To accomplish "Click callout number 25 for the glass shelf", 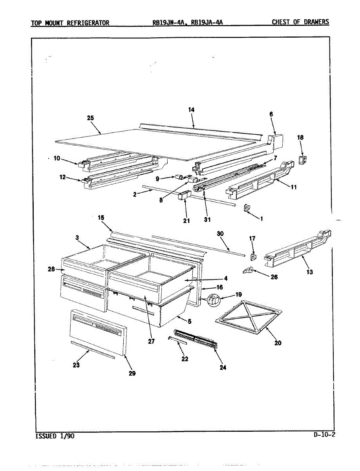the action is point(91,118).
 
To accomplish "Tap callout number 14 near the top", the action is point(191,110).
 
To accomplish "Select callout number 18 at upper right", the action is point(300,138).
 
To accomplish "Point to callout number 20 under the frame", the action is point(278,343).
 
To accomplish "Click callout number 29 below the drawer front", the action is point(132,373).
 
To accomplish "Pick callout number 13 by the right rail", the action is point(310,272).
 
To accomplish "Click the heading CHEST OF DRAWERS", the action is point(300,22).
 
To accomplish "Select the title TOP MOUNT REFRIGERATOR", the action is point(70,22).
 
